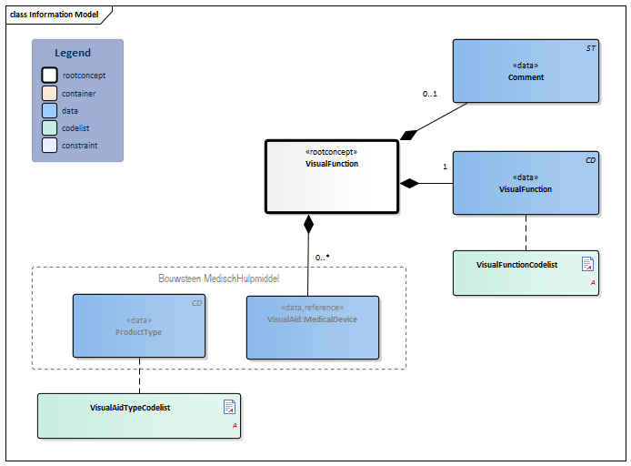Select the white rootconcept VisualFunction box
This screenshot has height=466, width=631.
click(x=332, y=177)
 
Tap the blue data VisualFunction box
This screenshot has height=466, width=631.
click(x=526, y=183)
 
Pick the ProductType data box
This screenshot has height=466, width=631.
click(x=139, y=325)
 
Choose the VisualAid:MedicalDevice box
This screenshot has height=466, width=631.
click(x=312, y=325)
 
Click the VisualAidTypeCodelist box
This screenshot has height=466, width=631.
click(x=139, y=416)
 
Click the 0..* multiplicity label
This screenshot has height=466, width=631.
click(x=322, y=258)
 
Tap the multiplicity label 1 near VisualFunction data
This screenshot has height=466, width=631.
click(x=445, y=167)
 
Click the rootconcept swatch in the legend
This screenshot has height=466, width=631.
click(x=49, y=76)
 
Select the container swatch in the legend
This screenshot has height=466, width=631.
click(x=49, y=93)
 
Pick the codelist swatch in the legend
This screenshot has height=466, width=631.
click(x=49, y=128)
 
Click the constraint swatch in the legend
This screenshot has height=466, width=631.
click(x=49, y=146)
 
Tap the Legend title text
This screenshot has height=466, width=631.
click(x=73, y=53)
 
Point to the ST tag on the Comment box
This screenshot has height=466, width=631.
click(x=590, y=47)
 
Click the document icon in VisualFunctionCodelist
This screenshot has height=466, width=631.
click(x=587, y=265)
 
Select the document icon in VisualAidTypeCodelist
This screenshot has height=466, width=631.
click(x=229, y=407)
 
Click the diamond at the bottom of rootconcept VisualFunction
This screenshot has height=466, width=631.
click(x=308, y=222)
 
